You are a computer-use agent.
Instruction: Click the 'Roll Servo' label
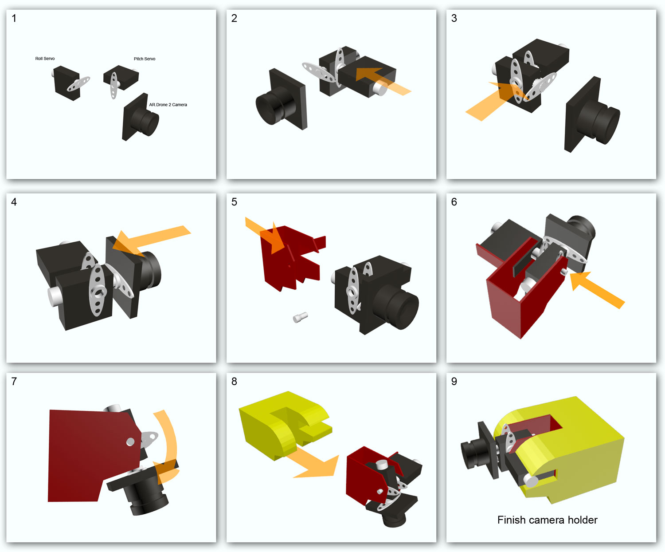(45, 59)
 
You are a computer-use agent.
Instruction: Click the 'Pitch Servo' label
(145, 59)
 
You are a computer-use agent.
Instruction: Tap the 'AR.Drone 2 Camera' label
(168, 105)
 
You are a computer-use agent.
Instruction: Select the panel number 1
(14, 19)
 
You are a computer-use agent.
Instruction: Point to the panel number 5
(234, 202)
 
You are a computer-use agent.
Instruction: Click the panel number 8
(234, 382)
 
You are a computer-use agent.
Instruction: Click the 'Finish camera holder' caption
(548, 520)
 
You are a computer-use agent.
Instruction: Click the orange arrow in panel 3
(495, 101)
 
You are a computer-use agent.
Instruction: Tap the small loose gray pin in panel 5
(300, 317)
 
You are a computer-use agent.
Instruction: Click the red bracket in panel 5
(288, 258)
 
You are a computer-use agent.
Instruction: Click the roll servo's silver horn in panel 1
(78, 84)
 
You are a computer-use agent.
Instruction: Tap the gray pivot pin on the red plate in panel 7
(130, 442)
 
